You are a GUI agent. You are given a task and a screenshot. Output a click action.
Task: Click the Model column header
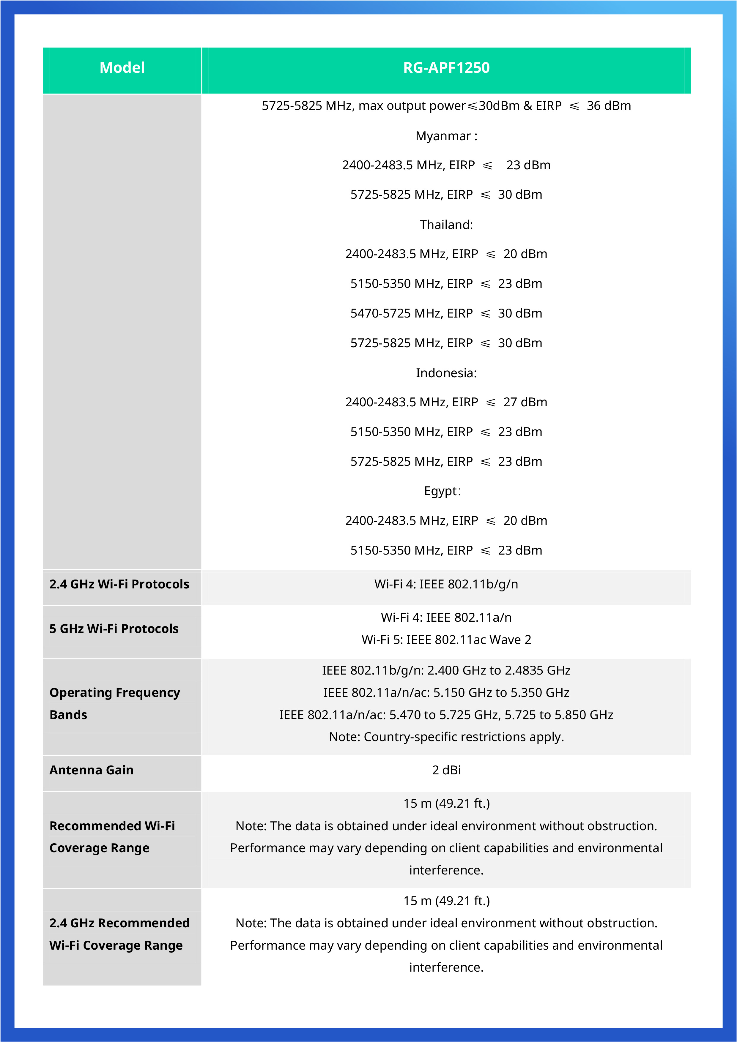pos(122,68)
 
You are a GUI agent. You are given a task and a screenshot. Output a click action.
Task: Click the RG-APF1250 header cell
pos(446,68)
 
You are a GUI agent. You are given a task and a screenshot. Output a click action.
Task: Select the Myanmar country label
pos(446,136)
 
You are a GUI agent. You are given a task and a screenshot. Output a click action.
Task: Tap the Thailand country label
pos(446,225)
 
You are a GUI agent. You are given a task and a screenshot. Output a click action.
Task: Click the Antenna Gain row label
pos(91,770)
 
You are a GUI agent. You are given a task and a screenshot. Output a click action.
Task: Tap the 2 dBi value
pos(446,770)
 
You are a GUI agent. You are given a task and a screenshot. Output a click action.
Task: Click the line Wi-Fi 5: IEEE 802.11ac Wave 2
pos(446,640)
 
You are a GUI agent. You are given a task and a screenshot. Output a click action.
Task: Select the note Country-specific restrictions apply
pos(446,737)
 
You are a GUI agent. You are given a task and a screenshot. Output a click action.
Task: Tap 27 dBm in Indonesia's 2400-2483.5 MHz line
pos(525,402)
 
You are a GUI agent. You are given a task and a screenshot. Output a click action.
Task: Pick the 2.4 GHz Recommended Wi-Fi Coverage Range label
pos(119,934)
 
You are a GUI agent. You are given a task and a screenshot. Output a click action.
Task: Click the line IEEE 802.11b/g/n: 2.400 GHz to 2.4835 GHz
pos(446,670)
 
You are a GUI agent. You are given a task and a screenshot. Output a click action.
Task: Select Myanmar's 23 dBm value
pos(528,165)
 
